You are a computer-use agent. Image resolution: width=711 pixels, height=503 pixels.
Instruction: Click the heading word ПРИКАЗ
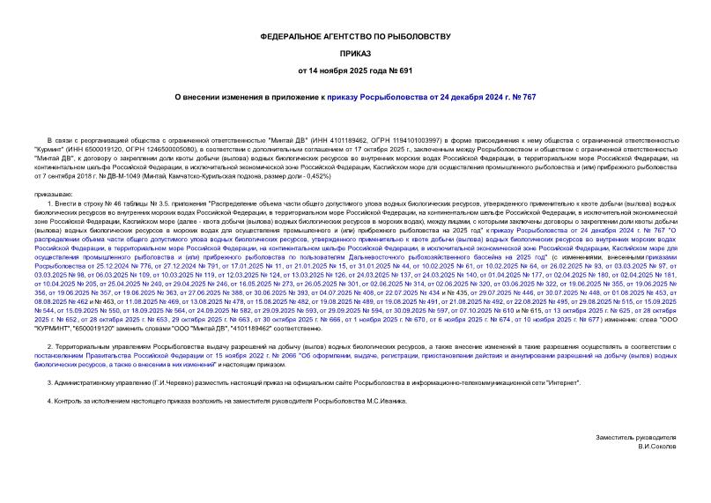tap(355, 53)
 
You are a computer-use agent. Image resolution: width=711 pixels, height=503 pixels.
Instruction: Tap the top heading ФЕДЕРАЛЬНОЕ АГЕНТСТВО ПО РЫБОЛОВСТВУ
tap(355, 36)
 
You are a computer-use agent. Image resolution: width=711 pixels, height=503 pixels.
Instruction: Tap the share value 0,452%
tap(314, 177)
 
